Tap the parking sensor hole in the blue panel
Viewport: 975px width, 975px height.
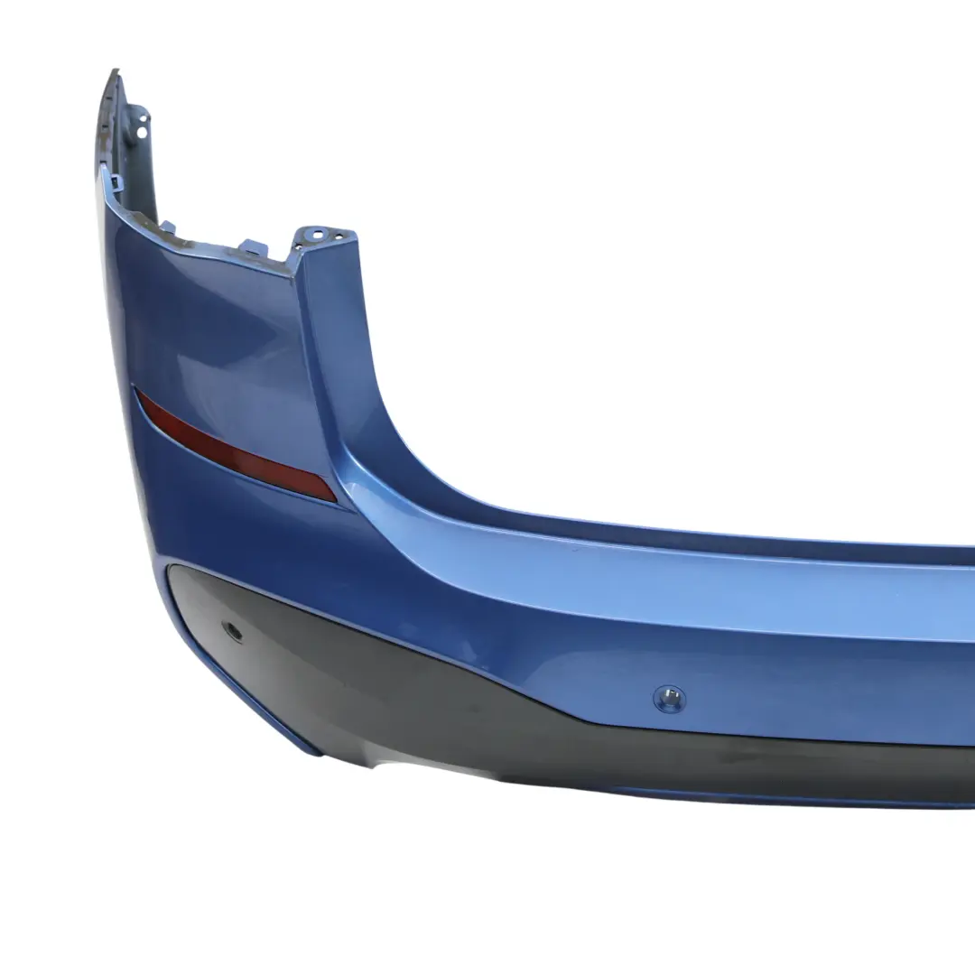point(669,696)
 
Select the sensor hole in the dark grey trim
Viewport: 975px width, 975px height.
point(233,632)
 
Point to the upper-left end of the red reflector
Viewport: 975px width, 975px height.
point(140,395)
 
